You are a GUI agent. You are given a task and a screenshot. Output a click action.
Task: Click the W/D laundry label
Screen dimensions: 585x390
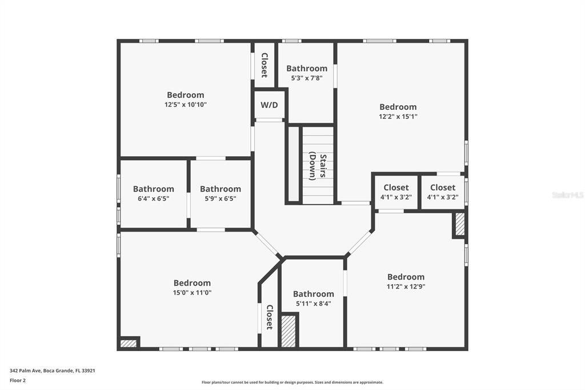(269, 105)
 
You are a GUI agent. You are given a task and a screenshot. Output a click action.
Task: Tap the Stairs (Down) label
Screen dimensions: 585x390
(318, 167)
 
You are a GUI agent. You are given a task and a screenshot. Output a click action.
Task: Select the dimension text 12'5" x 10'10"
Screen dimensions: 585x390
(186, 105)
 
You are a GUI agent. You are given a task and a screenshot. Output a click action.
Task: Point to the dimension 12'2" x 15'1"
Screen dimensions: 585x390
(398, 117)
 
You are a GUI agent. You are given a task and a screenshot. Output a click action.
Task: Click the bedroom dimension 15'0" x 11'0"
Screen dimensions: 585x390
(192, 293)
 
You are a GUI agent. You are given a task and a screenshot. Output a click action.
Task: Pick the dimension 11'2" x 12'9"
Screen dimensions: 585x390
(406, 286)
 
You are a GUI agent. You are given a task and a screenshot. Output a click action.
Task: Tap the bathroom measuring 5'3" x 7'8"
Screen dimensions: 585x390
(307, 73)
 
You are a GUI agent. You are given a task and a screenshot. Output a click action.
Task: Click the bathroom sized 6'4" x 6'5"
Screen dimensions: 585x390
(153, 193)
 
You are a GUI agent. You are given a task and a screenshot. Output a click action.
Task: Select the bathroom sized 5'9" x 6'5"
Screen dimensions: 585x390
(221, 193)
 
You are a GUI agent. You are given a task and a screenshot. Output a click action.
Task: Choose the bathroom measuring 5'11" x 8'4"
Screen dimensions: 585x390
(314, 299)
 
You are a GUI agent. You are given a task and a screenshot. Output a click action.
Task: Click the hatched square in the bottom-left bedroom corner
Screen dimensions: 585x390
(129, 343)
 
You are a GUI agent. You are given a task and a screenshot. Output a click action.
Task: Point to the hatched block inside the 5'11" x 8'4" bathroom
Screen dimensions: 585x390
(289, 331)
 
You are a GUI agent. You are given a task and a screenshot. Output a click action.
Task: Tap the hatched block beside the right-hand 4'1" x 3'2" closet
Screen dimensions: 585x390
(460, 224)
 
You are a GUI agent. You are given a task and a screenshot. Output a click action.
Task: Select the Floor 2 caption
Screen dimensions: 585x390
(18, 380)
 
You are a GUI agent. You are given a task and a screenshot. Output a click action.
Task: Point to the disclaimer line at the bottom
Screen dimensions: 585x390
(292, 382)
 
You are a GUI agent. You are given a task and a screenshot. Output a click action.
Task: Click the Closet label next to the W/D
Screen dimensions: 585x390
(264, 65)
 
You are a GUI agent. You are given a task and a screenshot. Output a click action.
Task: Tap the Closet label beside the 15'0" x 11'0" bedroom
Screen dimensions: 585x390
(270, 317)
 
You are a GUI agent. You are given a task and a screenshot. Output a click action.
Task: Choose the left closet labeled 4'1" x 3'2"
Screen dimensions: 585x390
(396, 192)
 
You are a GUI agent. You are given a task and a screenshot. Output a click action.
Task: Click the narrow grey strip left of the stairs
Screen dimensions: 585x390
(294, 164)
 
